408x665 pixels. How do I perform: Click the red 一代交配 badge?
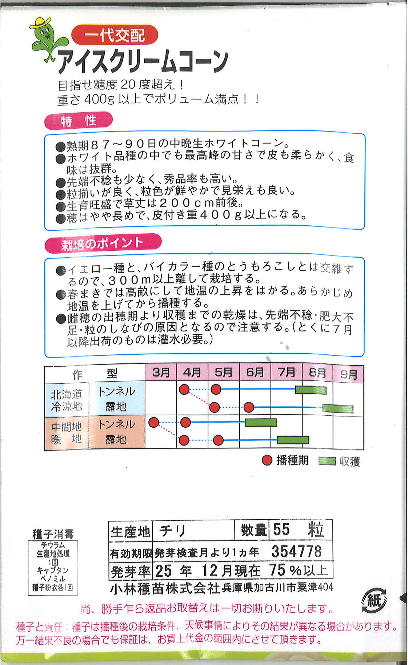tap(115, 36)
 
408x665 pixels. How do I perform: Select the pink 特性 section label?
tap(78, 121)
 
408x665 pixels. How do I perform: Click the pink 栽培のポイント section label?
tap(103, 243)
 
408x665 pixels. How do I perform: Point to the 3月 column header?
tap(161, 372)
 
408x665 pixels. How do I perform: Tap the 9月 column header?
tap(348, 374)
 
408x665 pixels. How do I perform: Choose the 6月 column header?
tap(255, 372)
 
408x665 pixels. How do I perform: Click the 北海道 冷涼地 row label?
tap(67, 400)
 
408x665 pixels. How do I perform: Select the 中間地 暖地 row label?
tap(67, 432)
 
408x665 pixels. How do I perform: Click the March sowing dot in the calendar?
tap(154, 422)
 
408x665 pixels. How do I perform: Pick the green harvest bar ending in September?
tap(338, 408)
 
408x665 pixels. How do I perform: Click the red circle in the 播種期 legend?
tap(267, 461)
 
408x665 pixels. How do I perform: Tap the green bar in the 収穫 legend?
tap(327, 461)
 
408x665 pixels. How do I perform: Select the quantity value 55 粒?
tap(298, 530)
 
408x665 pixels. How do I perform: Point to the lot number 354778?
tap(296, 552)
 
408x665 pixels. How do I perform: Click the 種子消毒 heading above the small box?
tap(53, 534)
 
